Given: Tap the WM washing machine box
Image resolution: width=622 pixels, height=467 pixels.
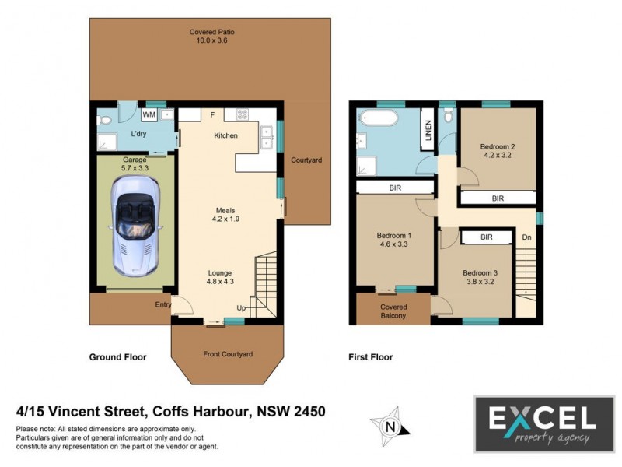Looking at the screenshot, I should click(149, 115).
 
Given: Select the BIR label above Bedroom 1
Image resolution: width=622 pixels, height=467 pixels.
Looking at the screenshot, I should click(395, 188).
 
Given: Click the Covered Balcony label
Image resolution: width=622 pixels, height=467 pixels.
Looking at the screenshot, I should click(393, 311).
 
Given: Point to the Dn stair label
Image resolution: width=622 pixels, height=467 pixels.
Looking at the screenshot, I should click(526, 237).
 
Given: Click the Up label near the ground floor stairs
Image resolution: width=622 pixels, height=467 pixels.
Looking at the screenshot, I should click(242, 309).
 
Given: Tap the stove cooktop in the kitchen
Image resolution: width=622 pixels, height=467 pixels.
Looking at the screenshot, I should click(242, 115).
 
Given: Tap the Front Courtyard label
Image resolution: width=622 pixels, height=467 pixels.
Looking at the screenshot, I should click(228, 354).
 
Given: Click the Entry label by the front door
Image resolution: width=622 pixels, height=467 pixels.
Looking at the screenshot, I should click(162, 304).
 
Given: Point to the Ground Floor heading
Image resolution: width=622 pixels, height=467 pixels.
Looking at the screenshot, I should click(117, 357).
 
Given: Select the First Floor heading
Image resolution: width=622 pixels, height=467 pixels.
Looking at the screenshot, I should click(370, 357).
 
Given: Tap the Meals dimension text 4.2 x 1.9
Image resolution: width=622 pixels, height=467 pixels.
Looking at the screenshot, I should click(226, 219).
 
